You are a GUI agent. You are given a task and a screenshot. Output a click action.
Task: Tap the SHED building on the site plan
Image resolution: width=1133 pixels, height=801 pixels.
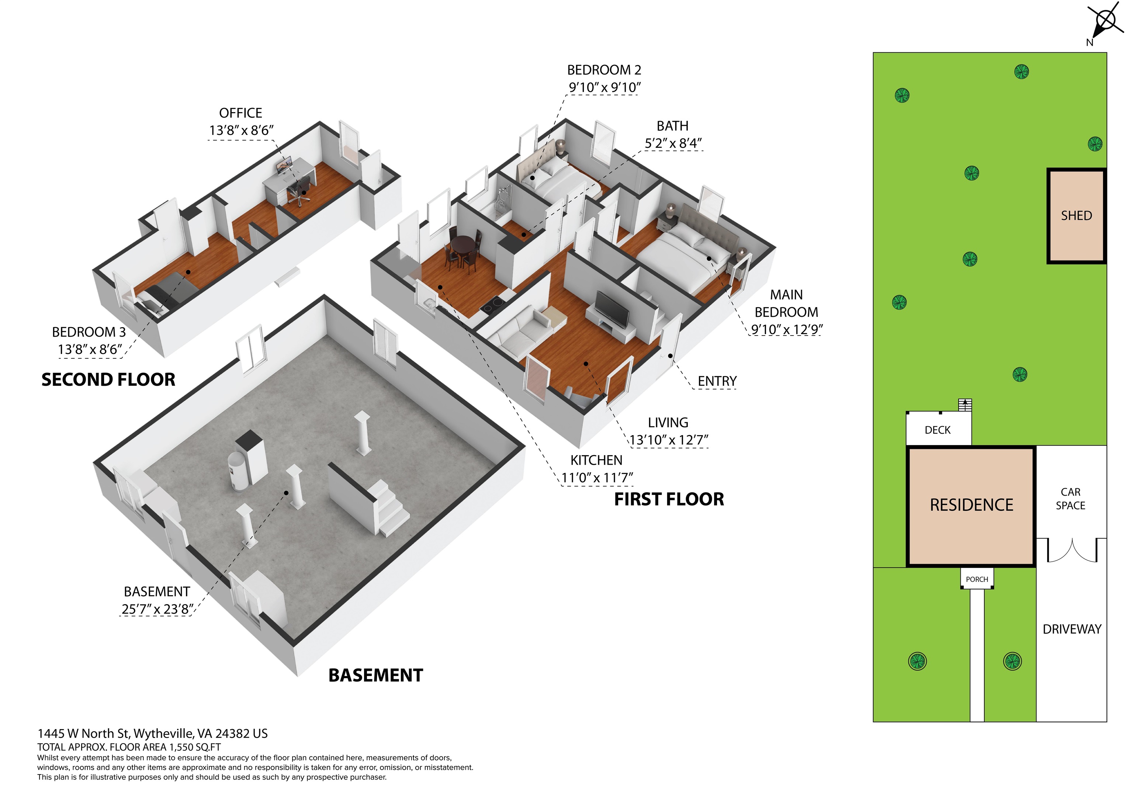tap(1077, 216)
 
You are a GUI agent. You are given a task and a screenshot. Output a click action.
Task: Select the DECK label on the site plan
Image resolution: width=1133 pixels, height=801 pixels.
tap(938, 430)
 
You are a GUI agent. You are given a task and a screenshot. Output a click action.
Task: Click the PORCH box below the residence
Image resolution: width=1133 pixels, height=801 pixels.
tap(977, 579)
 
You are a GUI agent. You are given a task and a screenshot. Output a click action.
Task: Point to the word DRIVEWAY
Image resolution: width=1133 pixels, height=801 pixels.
tap(1072, 629)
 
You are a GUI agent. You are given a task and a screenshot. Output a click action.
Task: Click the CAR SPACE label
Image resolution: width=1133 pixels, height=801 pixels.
tap(1070, 499)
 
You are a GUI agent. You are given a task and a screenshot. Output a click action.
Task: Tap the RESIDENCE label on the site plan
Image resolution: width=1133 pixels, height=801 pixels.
tap(971, 505)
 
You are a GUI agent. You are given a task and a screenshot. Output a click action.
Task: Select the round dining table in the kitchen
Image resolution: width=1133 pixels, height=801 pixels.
tap(462, 245)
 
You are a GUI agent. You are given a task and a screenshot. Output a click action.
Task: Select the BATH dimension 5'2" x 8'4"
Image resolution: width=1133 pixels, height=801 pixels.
tap(673, 143)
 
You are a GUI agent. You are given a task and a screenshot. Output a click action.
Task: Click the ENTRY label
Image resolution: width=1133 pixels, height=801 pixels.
tap(717, 381)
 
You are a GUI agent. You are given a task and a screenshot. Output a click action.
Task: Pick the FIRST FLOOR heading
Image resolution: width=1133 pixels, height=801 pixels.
tap(669, 499)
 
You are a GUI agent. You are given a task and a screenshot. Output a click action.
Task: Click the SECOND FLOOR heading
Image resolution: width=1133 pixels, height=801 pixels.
tap(108, 379)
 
